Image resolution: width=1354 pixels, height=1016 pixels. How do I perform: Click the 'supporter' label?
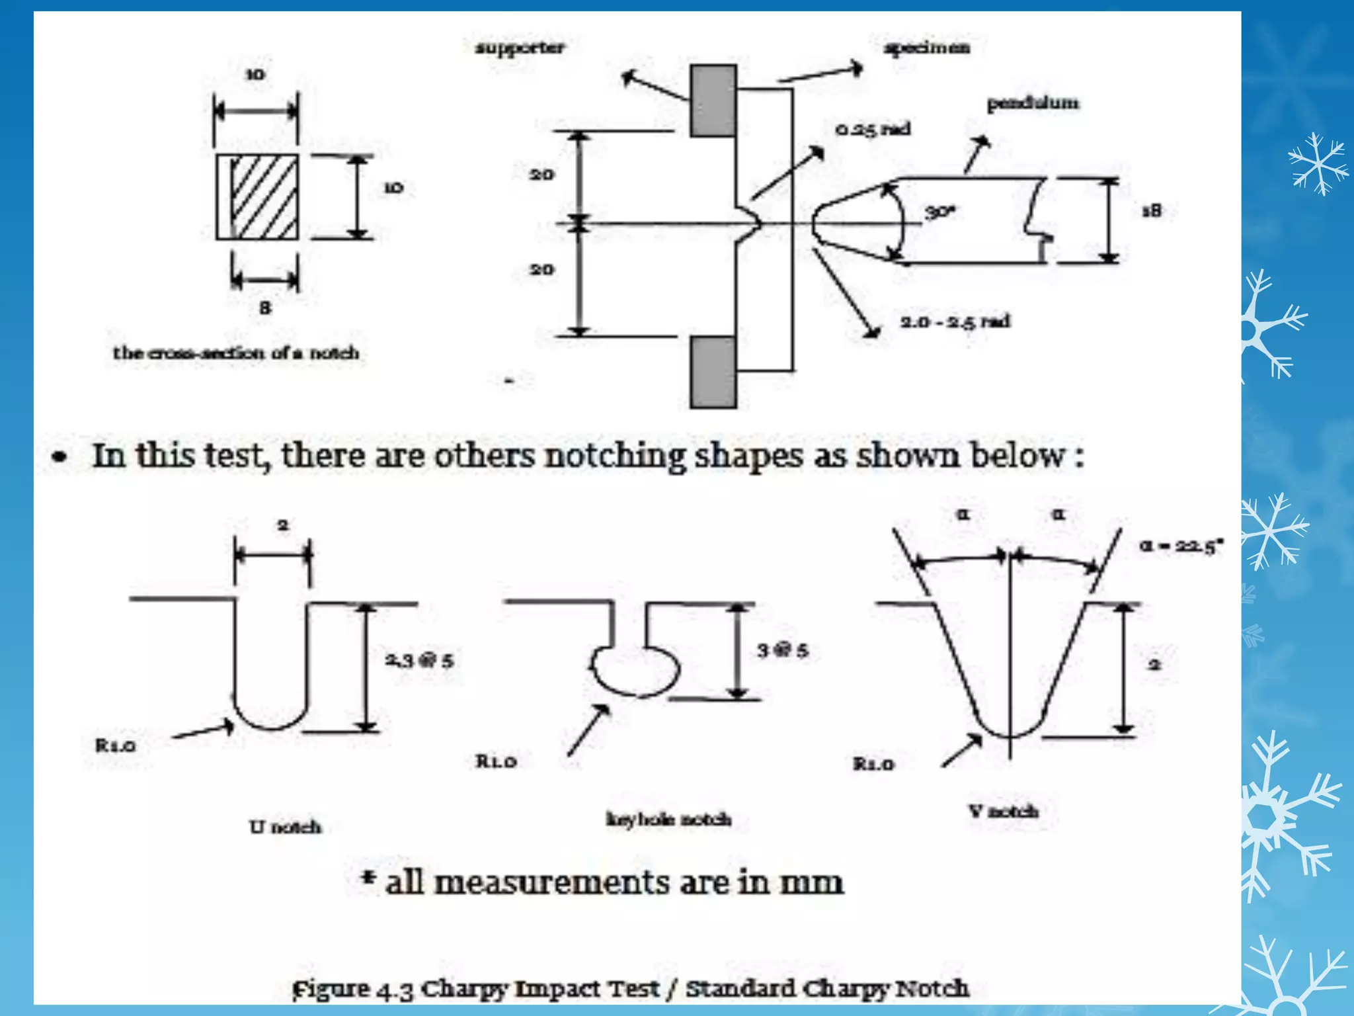(520, 48)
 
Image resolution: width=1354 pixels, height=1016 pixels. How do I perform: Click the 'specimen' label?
(926, 48)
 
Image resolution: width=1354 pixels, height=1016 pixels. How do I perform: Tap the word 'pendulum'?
(1032, 103)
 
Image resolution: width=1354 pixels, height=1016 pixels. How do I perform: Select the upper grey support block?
(713, 101)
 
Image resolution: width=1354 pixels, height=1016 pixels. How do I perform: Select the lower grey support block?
(713, 372)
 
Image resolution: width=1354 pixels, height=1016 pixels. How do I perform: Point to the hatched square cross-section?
(257, 197)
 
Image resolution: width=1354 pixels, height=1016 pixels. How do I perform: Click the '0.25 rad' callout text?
(873, 129)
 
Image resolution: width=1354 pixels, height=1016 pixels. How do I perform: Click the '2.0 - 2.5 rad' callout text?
(955, 321)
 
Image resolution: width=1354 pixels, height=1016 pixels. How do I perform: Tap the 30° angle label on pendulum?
(939, 212)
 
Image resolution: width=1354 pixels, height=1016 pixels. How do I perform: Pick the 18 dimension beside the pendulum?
(1151, 211)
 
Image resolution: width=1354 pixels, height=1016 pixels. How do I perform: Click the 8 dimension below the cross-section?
(265, 308)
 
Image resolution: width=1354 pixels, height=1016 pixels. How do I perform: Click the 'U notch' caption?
(285, 827)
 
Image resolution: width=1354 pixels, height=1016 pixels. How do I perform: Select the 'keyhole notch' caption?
(668, 820)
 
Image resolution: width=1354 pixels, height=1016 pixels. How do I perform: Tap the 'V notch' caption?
(1003, 811)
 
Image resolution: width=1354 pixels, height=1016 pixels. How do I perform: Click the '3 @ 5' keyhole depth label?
(782, 651)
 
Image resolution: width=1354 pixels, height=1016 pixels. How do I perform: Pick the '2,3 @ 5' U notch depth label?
(419, 660)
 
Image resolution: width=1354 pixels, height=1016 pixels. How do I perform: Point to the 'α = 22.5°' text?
(1181, 546)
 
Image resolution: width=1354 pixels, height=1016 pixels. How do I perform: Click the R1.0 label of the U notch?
(116, 746)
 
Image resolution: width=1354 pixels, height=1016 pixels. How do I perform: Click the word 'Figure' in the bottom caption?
(331, 989)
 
